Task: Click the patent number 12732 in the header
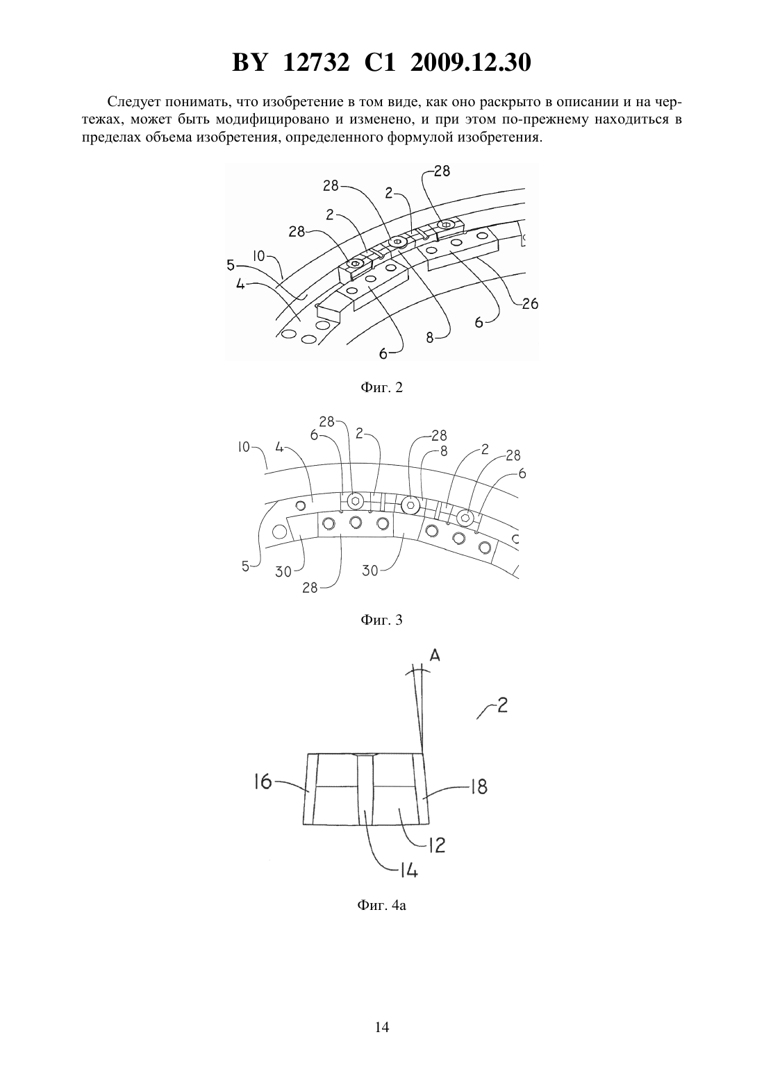click(x=316, y=62)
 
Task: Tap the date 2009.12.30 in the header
click(x=471, y=62)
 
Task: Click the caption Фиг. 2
click(x=381, y=387)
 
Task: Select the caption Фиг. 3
click(x=381, y=620)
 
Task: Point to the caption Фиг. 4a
click(x=381, y=905)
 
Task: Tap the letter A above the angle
click(x=435, y=656)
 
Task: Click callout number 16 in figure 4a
click(x=263, y=782)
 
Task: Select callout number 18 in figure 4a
click(x=479, y=787)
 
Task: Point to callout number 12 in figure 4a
click(x=436, y=845)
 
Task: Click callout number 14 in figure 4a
click(x=408, y=870)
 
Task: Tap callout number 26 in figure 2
click(x=530, y=304)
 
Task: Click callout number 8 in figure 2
click(x=430, y=339)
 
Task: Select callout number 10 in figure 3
click(x=244, y=448)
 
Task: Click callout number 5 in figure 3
click(x=245, y=566)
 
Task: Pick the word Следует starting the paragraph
click(x=137, y=102)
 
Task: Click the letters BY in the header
click(x=250, y=62)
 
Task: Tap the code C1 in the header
click(x=380, y=62)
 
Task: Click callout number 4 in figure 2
click(x=240, y=285)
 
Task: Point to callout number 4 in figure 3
click(x=279, y=448)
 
